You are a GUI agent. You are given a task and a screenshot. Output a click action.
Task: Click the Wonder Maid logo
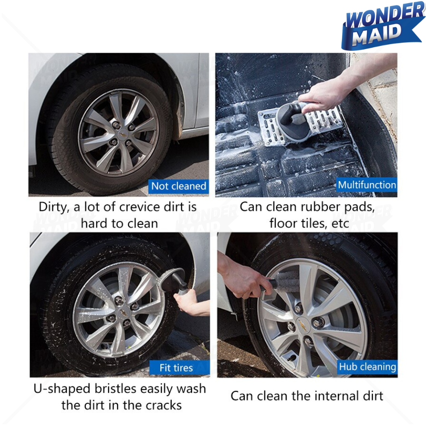pyautogui.click(x=383, y=26)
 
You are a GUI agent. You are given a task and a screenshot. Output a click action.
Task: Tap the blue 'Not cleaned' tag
pyautogui.click(x=178, y=186)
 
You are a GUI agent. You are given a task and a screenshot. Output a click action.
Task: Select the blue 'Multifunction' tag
pyautogui.click(x=367, y=185)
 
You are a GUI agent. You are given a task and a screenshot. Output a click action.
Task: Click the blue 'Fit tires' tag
pyautogui.click(x=179, y=368)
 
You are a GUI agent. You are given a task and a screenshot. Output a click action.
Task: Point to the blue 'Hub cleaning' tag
pyautogui.click(x=367, y=367)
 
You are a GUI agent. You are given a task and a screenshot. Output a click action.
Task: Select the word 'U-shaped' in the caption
pyautogui.click(x=62, y=389)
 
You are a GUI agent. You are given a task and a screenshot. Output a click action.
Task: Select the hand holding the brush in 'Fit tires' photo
pyautogui.click(x=192, y=302)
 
